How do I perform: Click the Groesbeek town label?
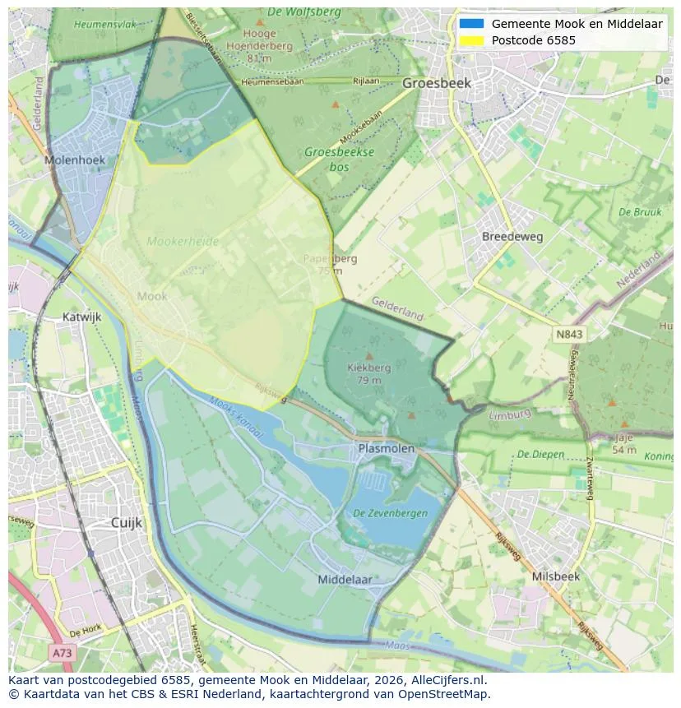tap(437, 83)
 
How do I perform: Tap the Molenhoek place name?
tap(72, 160)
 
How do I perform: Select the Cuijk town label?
tap(127, 522)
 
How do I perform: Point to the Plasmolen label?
tap(387, 447)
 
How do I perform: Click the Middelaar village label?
tap(345, 579)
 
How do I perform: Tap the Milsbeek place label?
tap(555, 576)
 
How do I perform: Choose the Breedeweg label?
tap(512, 236)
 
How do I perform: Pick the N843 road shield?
tap(569, 334)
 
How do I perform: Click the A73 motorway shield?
tap(62, 652)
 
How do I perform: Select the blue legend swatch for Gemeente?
tap(471, 24)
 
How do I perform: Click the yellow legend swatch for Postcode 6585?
tap(471, 40)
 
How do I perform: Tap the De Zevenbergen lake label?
tap(390, 512)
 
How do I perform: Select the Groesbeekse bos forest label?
tap(339, 159)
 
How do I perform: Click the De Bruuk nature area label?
tap(639, 212)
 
